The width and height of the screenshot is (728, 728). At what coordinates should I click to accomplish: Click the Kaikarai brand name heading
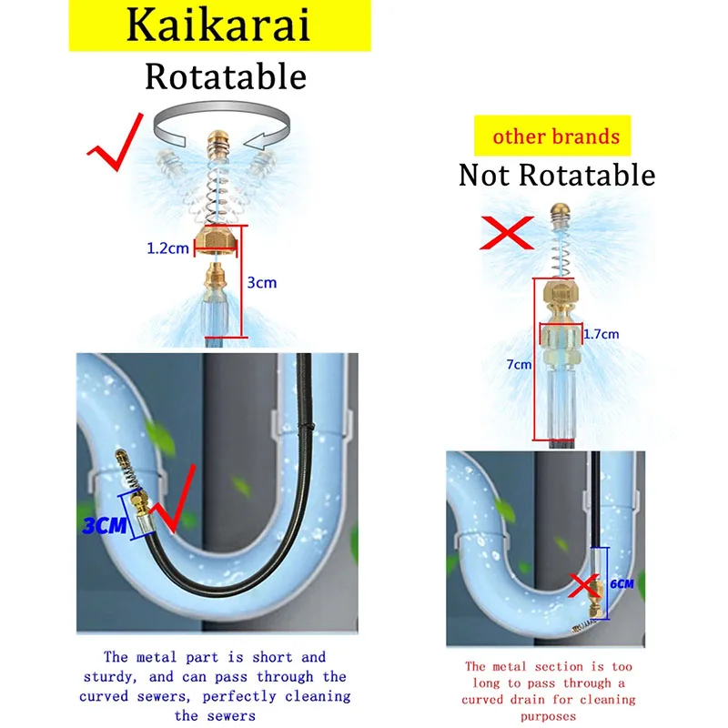[217, 26]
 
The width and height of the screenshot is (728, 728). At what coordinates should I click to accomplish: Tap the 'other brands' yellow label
[556, 138]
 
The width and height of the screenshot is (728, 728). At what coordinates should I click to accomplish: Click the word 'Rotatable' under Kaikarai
[225, 76]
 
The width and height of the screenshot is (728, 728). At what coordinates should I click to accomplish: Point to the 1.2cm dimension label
[168, 248]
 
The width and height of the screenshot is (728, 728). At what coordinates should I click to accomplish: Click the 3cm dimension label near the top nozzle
[261, 283]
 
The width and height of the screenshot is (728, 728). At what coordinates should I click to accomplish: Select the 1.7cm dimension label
[600, 334]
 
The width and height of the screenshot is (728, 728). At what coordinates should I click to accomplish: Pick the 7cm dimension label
[519, 365]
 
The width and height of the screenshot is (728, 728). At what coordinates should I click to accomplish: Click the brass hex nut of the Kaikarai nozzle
[216, 240]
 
